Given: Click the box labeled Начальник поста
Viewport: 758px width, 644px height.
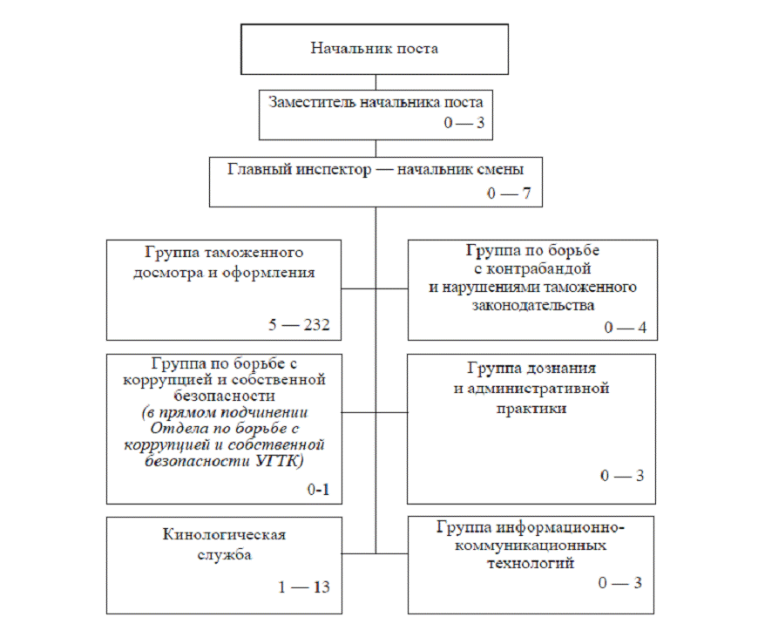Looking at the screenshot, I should tap(375, 49).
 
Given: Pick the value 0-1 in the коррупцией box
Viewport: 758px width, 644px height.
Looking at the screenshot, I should tap(318, 491).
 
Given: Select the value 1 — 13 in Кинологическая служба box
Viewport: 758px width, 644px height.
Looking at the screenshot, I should tap(304, 586).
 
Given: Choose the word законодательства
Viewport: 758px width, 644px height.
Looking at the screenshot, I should tap(533, 305).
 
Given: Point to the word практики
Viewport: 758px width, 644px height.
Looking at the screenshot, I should tap(533, 407).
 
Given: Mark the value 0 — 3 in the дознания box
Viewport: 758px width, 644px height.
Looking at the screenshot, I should tap(622, 476).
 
